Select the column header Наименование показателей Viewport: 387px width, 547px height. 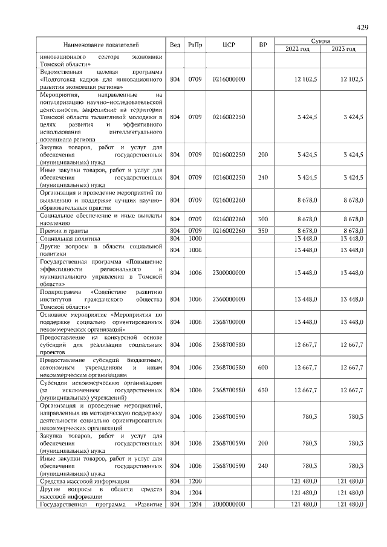pos(101,45)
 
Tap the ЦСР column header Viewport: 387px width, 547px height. pos(229,45)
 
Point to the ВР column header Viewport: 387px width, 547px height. pos(262,45)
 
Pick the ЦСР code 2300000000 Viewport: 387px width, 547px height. pos(229,273)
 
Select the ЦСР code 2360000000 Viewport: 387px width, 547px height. pos(229,299)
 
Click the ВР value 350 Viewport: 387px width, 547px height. pos(262,231)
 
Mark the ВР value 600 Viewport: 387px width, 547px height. pos(262,367)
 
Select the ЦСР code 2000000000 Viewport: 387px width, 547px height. pos(229,503)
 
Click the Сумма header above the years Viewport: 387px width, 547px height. pos(320,40)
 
